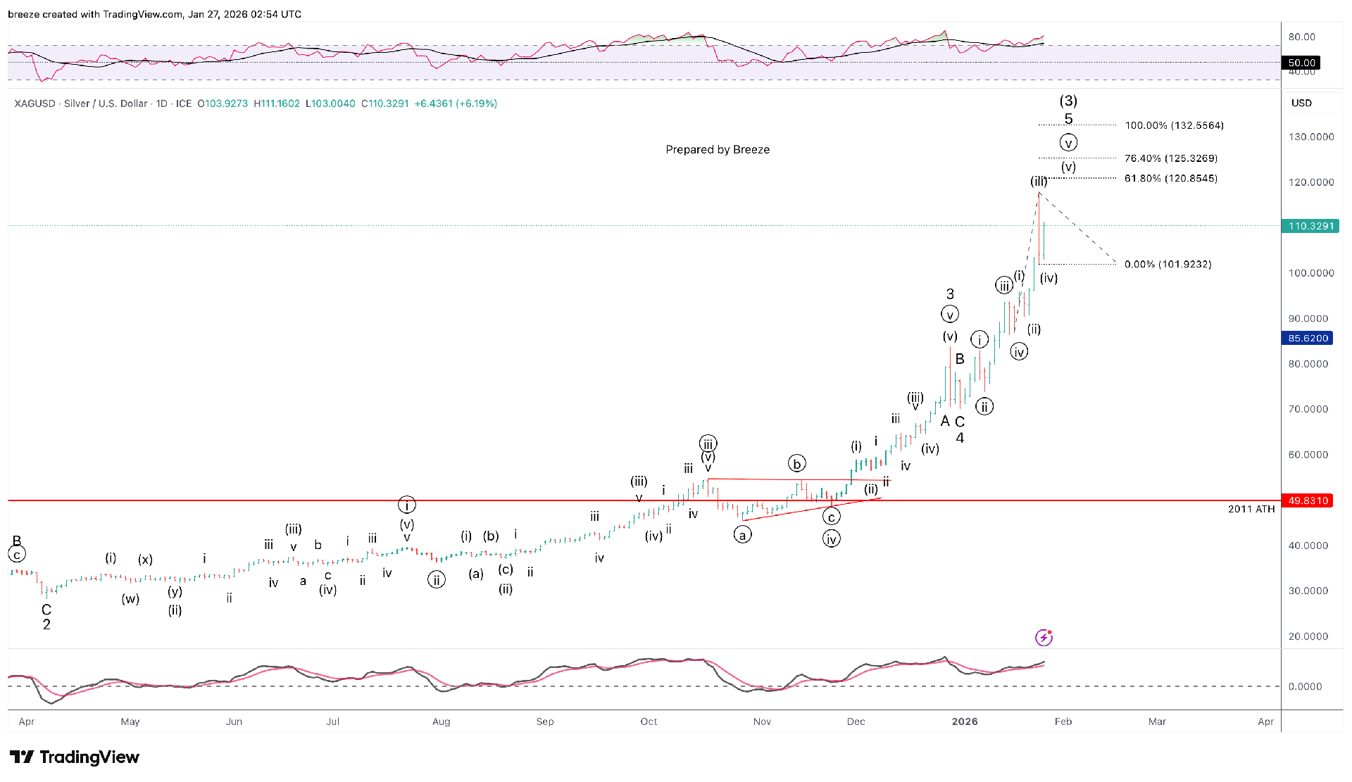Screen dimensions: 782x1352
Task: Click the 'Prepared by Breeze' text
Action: click(718, 149)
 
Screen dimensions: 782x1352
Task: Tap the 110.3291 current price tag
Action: click(1311, 226)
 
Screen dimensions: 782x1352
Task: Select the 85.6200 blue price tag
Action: click(1308, 339)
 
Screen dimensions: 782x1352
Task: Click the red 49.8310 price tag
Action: click(1308, 500)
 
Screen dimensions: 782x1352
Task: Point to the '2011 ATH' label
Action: click(1251, 509)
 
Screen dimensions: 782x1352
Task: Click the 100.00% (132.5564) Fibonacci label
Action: click(1174, 125)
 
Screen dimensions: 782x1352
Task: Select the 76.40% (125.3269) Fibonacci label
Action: click(1170, 158)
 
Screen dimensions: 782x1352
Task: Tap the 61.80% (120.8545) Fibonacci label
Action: click(1170, 178)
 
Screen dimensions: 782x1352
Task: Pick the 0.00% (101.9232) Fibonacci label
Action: click(1168, 265)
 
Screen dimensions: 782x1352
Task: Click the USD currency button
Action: click(1301, 103)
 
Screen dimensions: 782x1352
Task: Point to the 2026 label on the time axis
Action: click(964, 721)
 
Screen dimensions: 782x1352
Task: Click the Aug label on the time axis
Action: click(442, 721)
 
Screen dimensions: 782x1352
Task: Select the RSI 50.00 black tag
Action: click(1301, 63)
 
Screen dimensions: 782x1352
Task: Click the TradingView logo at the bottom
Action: click(75, 757)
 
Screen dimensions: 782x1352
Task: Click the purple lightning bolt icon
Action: click(1044, 637)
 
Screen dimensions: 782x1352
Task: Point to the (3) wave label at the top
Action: click(1068, 101)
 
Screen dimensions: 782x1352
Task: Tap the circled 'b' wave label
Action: click(796, 464)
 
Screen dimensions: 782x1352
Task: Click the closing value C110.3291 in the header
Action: click(384, 103)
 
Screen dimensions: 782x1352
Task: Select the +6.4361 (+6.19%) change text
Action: click(456, 103)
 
